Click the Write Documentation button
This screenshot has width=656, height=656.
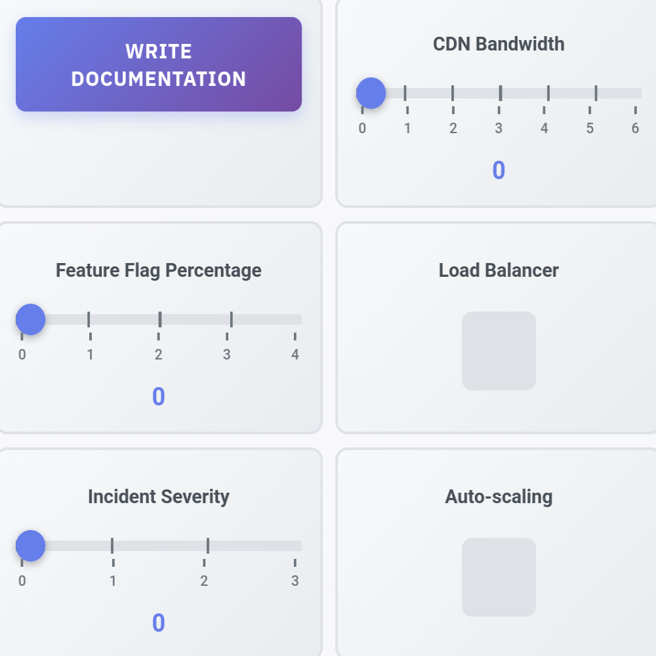(159, 64)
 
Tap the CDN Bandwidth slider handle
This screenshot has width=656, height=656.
(371, 93)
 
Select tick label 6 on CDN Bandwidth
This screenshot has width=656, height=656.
(635, 129)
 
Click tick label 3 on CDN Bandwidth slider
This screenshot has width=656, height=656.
(499, 129)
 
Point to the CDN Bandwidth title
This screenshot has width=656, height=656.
(499, 44)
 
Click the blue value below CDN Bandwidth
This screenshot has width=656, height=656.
(499, 171)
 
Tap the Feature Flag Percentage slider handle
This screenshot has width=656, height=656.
(30, 319)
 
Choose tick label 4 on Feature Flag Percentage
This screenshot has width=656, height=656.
(295, 355)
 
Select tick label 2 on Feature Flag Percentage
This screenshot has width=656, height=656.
(159, 355)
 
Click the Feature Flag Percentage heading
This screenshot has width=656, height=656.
(159, 270)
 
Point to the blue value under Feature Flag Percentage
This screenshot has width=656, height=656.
(159, 397)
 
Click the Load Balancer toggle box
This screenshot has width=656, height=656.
(499, 351)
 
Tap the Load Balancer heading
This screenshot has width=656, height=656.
(499, 270)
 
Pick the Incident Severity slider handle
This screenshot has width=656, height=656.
(30, 546)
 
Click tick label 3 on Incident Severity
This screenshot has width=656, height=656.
(295, 581)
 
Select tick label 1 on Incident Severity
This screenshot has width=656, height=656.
(113, 581)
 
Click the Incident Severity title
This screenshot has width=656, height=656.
(159, 497)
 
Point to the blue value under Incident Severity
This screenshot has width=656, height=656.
(159, 623)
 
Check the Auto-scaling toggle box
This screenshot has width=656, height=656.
(499, 577)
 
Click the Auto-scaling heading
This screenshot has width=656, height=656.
(499, 497)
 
